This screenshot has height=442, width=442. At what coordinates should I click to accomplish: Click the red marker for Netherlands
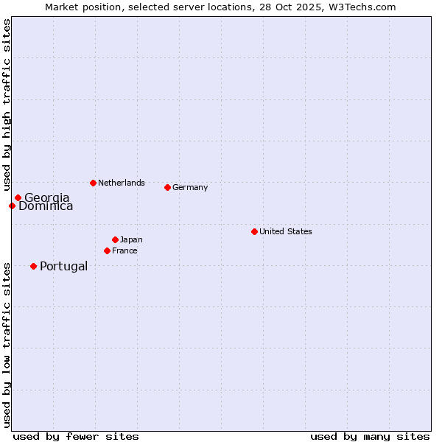93,183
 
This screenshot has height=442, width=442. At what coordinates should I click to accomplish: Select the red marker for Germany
167,187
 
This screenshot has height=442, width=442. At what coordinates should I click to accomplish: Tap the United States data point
254,231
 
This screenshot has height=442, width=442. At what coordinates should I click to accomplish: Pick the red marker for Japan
115,239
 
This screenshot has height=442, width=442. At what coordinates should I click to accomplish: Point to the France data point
107,250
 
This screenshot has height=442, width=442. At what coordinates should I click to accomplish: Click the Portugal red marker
33,266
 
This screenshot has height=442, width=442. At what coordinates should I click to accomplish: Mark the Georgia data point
18,197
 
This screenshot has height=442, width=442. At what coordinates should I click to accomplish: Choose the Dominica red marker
12,206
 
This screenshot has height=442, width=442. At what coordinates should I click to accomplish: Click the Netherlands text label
122,183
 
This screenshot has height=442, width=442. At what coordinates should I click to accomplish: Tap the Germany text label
190,187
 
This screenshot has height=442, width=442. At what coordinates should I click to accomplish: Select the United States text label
286,231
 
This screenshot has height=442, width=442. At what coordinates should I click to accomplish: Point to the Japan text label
131,239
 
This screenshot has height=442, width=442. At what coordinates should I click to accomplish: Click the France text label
124,250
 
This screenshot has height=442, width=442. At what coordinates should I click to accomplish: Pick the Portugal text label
63,266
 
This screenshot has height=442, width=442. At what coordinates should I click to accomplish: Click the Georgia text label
47,197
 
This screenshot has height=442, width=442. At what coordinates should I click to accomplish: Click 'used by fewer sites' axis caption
76,436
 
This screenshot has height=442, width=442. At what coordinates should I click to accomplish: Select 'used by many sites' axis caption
370,436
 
